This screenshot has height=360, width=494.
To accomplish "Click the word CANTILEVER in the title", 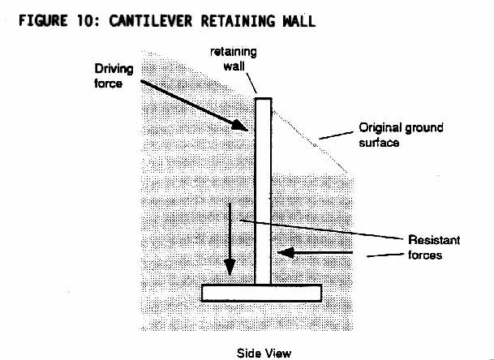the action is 150,21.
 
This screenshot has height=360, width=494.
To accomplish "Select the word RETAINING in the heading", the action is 238,21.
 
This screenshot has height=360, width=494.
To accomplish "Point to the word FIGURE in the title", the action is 43,21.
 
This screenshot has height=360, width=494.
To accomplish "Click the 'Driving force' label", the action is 114,76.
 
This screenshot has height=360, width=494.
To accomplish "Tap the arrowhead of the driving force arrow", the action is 240,125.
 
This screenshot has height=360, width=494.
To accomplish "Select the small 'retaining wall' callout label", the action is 234,59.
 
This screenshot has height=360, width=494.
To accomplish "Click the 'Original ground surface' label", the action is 401,135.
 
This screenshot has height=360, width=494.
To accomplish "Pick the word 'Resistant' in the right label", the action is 434,240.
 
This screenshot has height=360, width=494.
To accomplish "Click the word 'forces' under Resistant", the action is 425,255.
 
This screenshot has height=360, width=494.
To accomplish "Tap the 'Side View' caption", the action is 264,353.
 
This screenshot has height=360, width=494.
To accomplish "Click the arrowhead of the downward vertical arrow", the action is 230,267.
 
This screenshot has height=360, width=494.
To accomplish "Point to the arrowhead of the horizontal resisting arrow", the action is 286,252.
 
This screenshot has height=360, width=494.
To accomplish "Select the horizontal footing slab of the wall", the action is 261,293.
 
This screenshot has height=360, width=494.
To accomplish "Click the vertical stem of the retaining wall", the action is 263,191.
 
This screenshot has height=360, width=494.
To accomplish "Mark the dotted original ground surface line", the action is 310,142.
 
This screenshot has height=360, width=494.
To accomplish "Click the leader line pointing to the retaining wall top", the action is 251,83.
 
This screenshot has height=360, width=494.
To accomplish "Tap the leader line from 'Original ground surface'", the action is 336,135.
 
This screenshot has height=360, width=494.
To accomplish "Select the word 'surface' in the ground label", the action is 379,143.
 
